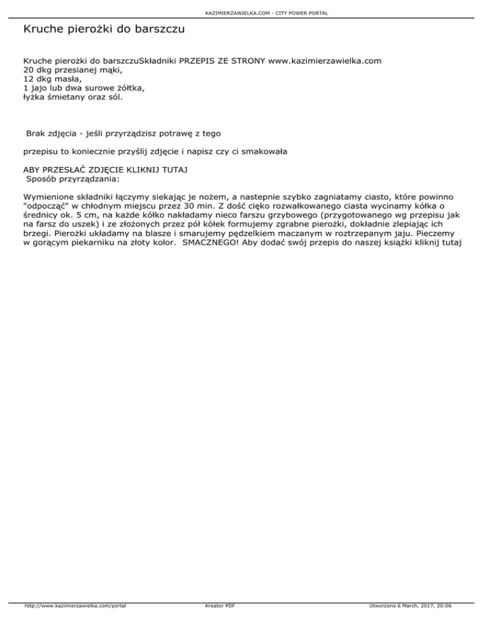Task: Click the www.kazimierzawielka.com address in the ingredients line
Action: click(x=325, y=60)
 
